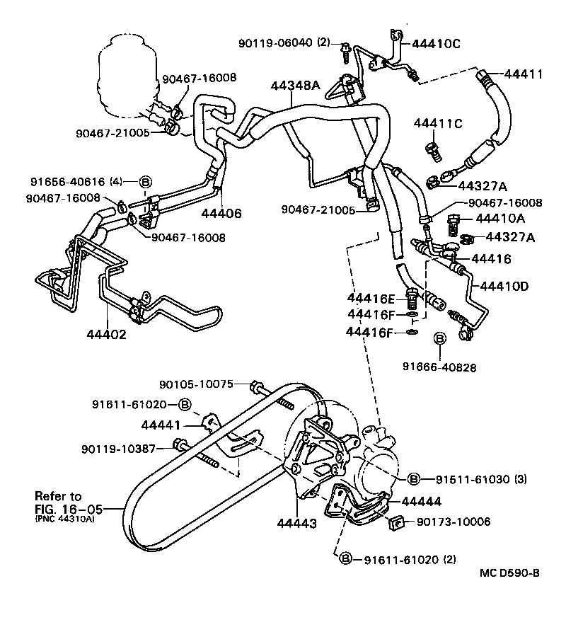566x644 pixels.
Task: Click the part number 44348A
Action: point(295,86)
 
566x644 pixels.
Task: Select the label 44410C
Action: point(436,44)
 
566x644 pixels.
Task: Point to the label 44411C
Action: point(437,124)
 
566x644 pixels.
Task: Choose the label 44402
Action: point(106,334)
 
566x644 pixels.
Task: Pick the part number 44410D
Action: point(504,286)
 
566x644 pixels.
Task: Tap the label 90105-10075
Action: point(196,384)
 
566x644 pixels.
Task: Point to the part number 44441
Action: point(162,425)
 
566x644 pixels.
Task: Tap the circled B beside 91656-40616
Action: point(146,182)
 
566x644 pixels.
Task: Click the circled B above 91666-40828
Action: point(439,340)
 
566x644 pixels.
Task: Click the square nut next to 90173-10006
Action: point(396,524)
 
